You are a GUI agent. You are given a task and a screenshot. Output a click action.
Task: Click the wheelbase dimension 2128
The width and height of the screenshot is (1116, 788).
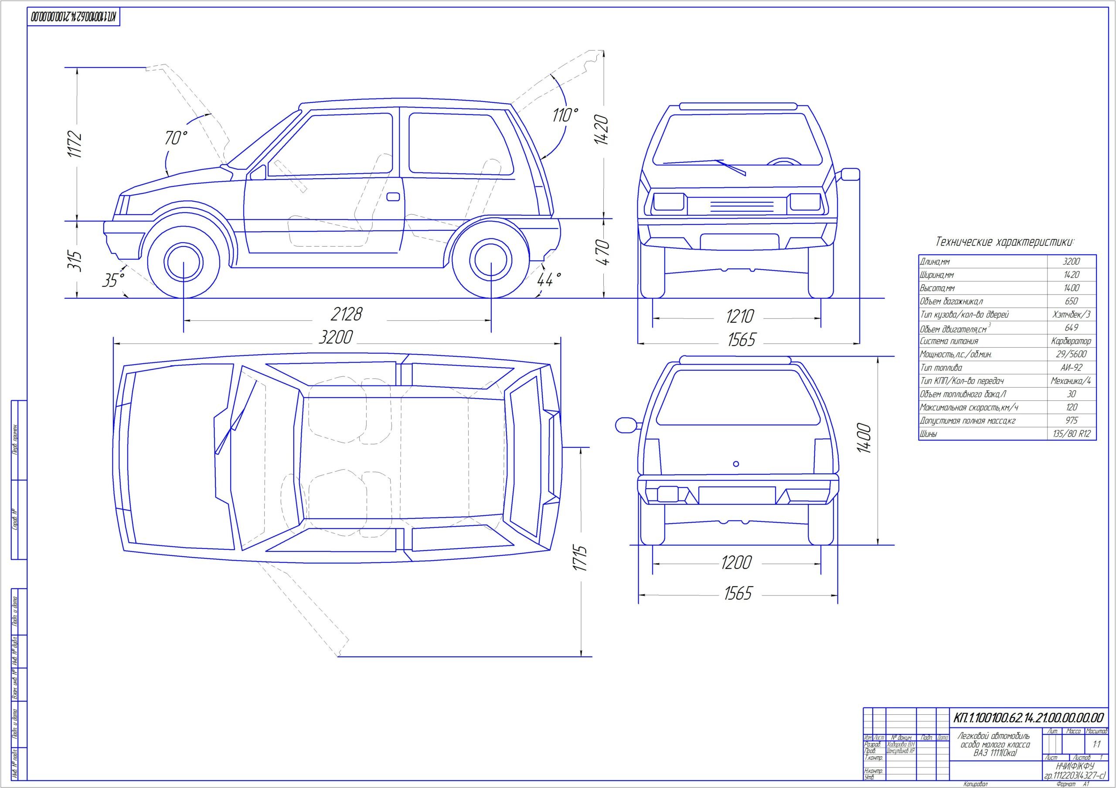tap(346, 315)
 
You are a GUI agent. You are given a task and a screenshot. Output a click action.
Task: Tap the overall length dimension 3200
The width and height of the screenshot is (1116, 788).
tap(335, 337)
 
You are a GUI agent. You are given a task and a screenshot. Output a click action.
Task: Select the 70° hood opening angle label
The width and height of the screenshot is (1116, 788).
tap(176, 138)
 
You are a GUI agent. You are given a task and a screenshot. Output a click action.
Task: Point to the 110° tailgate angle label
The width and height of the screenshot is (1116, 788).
tap(565, 115)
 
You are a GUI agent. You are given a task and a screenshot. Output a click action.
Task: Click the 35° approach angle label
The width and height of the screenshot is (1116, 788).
tap(113, 280)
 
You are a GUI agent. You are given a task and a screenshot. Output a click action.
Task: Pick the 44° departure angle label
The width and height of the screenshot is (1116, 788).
tap(549, 279)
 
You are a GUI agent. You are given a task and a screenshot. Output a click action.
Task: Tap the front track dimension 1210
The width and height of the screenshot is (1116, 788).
tap(739, 317)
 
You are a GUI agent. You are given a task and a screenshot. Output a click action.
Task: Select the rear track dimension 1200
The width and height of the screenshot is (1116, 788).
tap(736, 563)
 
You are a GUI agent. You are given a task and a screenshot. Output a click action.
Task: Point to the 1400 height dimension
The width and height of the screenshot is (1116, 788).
tap(864, 439)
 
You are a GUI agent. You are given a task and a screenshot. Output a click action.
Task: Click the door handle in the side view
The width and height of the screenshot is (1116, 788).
tap(393, 197)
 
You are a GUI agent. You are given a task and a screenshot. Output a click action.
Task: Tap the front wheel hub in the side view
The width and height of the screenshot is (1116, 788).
tap(183, 262)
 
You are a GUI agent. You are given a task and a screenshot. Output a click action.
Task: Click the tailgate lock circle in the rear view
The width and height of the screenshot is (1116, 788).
tap(736, 464)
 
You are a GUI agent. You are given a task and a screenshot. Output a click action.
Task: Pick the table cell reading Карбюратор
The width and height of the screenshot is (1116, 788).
tap(1071, 341)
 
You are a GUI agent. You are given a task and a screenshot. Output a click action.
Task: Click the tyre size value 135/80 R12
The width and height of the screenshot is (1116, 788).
tap(1071, 434)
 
